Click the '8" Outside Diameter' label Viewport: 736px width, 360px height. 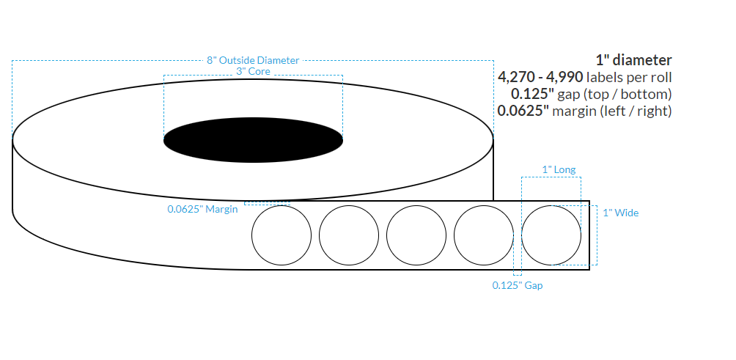point(253,60)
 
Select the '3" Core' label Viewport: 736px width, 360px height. point(253,71)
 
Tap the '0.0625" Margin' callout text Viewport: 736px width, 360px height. point(202,209)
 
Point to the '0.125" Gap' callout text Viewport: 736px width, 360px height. point(517,285)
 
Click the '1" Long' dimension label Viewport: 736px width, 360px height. point(559,169)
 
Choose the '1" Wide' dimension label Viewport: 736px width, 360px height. point(620,213)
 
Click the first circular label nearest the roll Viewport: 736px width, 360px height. point(281,235)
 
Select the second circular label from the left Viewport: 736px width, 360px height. point(349,235)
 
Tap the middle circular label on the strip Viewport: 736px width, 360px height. point(416,235)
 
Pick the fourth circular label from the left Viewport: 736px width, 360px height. point(484,235)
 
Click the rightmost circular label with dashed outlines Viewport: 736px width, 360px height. point(551,235)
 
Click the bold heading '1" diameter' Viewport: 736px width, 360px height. point(634,60)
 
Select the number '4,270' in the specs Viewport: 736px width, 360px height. point(518,77)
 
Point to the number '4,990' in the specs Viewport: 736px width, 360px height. point(562,77)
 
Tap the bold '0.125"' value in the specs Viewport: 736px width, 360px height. point(532,94)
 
